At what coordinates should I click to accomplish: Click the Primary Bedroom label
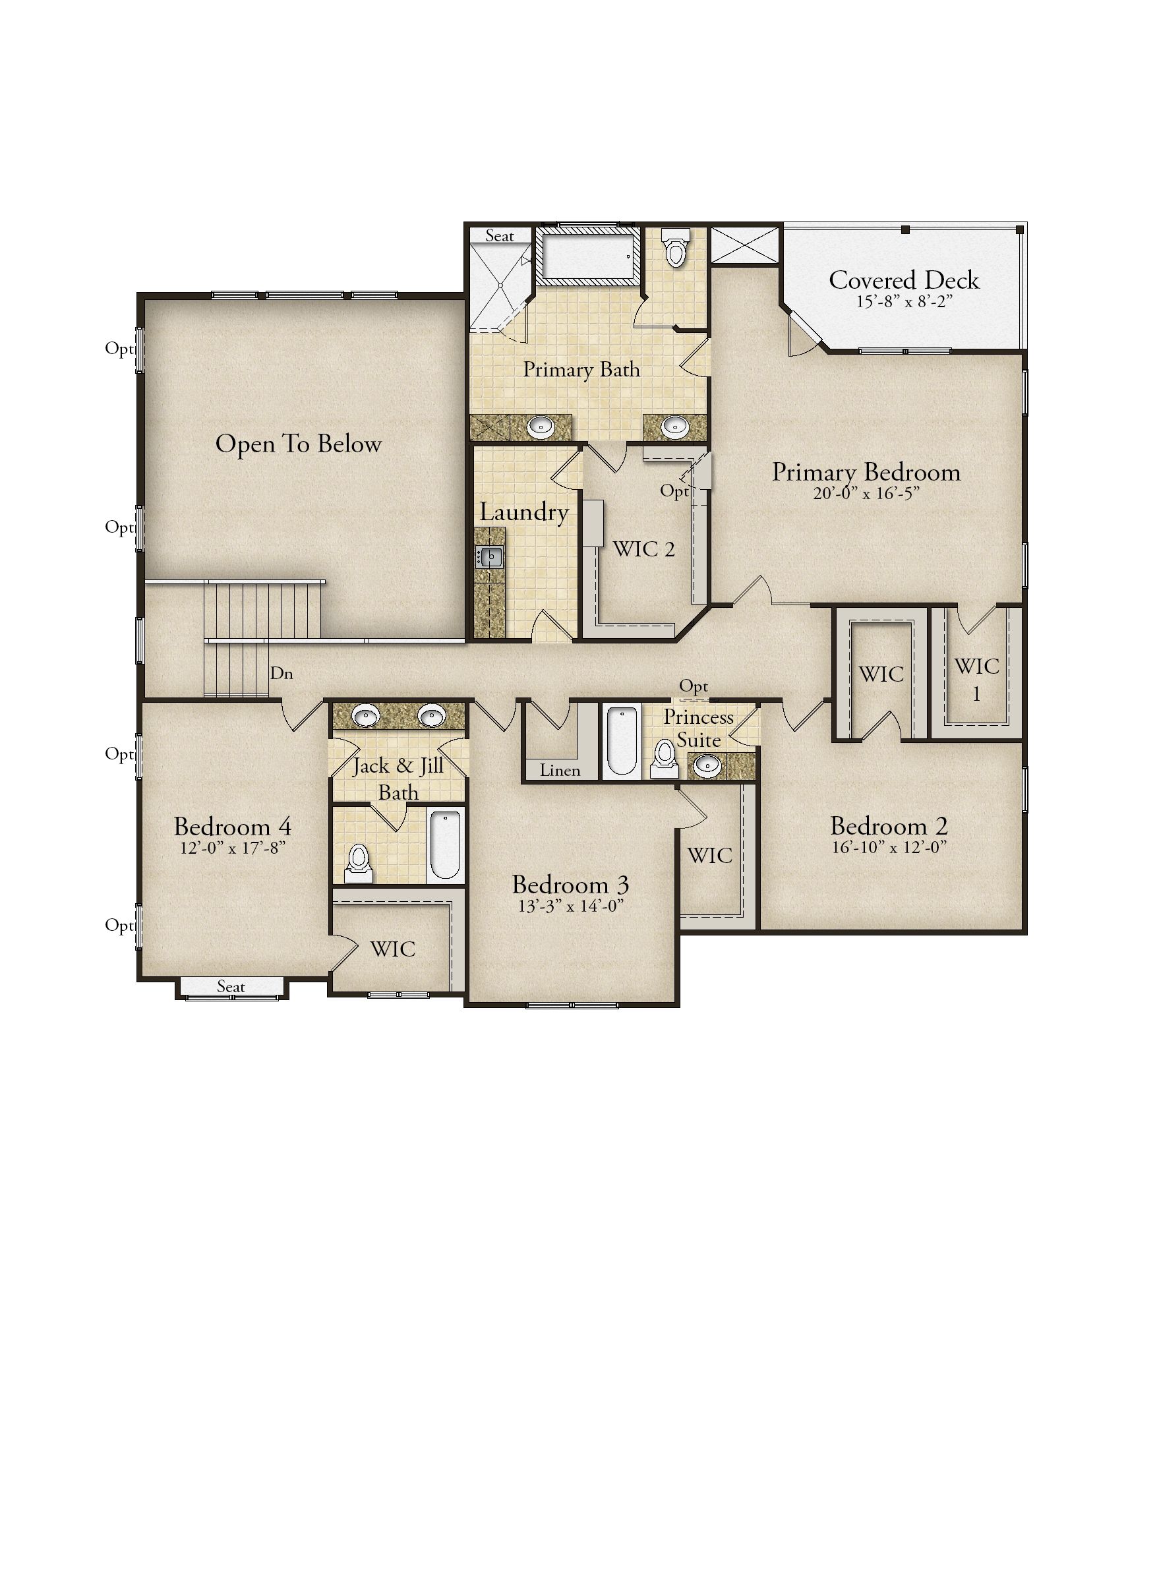(866, 473)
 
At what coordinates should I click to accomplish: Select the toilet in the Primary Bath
(675, 249)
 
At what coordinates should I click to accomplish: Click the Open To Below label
(299, 444)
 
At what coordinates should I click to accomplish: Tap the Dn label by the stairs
(282, 674)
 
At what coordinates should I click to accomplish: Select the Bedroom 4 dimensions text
(233, 848)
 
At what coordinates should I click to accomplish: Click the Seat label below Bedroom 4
(231, 987)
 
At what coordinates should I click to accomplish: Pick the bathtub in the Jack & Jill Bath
(445, 844)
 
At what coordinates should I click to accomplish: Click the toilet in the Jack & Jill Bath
(359, 863)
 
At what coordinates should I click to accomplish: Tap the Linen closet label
(560, 771)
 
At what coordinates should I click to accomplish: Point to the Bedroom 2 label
(889, 827)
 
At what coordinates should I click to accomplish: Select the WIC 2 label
(643, 549)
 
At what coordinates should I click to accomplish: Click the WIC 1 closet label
(976, 679)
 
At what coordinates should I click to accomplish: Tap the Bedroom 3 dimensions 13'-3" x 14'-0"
(571, 906)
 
